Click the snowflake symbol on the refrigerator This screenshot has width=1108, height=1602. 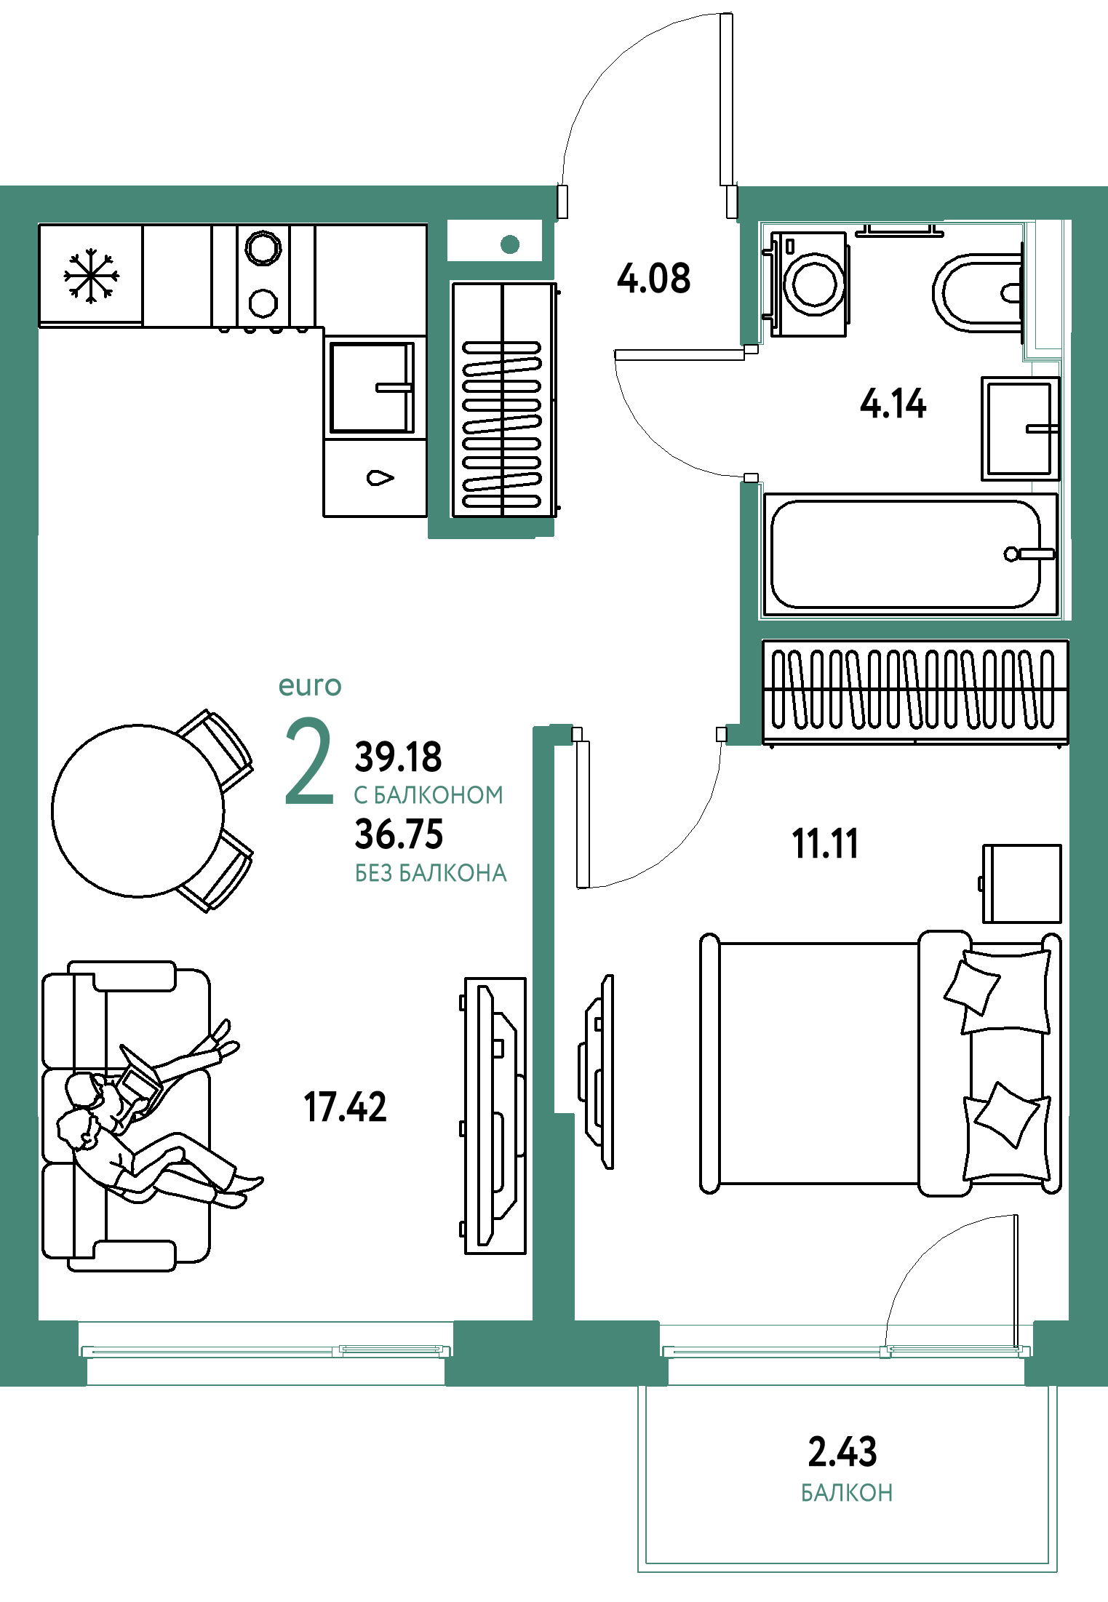pos(91,276)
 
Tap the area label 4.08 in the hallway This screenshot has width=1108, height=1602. pos(653,278)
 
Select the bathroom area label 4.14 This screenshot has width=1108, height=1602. pos(893,404)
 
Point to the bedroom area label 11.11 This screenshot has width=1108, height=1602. pos(825,844)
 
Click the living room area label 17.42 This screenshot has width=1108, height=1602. pos(345,1107)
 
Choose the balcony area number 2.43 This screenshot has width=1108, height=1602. pos(842,1451)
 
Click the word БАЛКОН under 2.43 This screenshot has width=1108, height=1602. pos(847,1493)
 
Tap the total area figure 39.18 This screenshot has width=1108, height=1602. pos(398,757)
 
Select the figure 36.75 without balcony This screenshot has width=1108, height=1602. pos(399,834)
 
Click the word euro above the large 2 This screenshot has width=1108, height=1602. pos(310,686)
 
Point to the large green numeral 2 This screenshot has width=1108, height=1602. pos(309,761)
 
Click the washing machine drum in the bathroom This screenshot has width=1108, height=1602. pos(814,284)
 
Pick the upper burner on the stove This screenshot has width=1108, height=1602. pos(263,248)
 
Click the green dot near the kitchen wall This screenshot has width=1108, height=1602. pos(510,244)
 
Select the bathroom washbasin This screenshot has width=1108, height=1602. pos(1020,429)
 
